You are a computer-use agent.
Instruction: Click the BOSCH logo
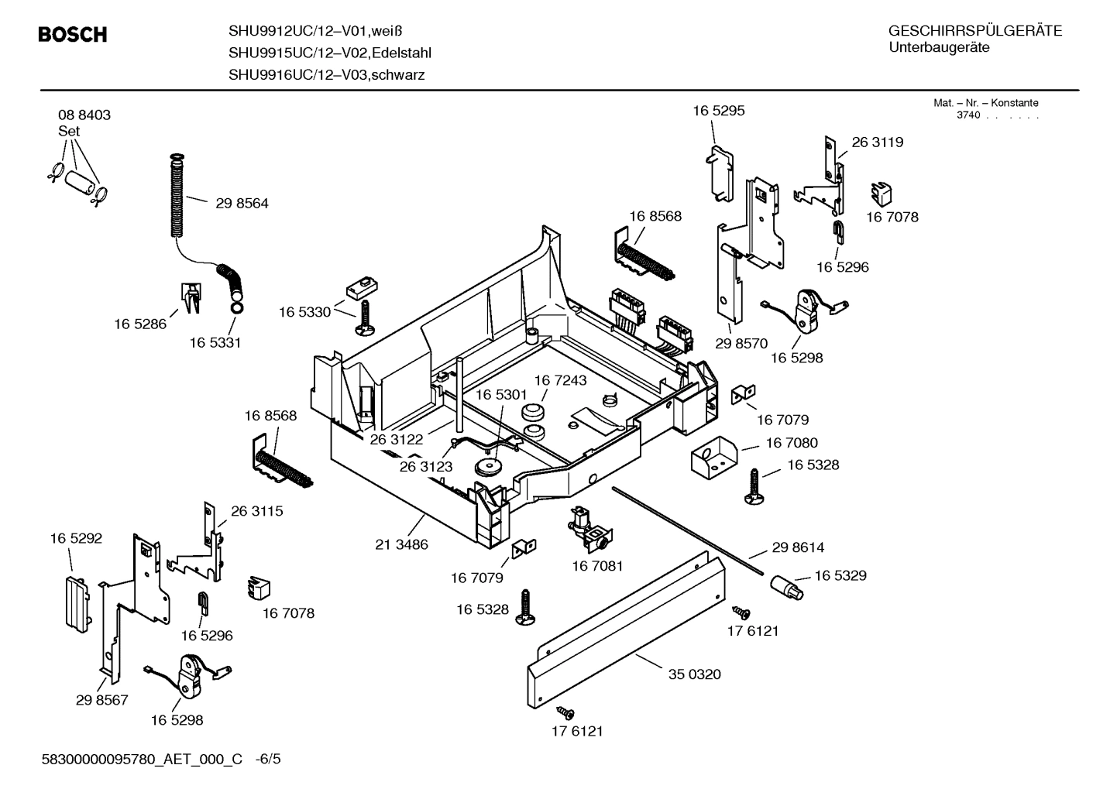(72, 35)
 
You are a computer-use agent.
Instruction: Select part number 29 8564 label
(242, 203)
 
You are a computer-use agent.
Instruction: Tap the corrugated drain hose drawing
(177, 197)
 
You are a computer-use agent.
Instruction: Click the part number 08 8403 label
(84, 115)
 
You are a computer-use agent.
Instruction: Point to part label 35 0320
(694, 674)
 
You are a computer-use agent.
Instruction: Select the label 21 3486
(401, 544)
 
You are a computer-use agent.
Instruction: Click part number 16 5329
(840, 575)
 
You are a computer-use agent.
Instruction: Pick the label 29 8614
(798, 547)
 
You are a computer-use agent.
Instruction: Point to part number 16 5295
(718, 111)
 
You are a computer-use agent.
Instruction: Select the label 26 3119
(877, 142)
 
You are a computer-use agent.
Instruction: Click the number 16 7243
(560, 380)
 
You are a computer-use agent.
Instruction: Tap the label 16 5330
(304, 312)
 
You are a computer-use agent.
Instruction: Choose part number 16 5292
(76, 538)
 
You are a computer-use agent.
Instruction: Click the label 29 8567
(101, 700)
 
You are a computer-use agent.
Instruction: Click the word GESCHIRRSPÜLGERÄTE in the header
(974, 31)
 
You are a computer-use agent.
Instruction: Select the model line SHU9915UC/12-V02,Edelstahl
(329, 53)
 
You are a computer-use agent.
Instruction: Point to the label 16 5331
(215, 343)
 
